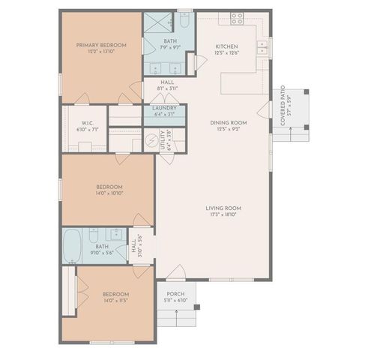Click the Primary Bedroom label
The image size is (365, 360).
100,45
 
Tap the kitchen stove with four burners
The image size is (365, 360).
237,18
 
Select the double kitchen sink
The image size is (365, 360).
262,49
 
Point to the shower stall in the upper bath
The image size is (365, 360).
154,21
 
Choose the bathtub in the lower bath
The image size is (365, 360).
73,246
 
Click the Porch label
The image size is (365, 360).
175,293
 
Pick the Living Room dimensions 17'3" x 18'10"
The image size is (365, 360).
224,214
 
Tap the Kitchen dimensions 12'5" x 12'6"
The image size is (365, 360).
226,52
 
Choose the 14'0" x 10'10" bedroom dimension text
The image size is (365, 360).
109,193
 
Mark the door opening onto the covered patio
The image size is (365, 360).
264,111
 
